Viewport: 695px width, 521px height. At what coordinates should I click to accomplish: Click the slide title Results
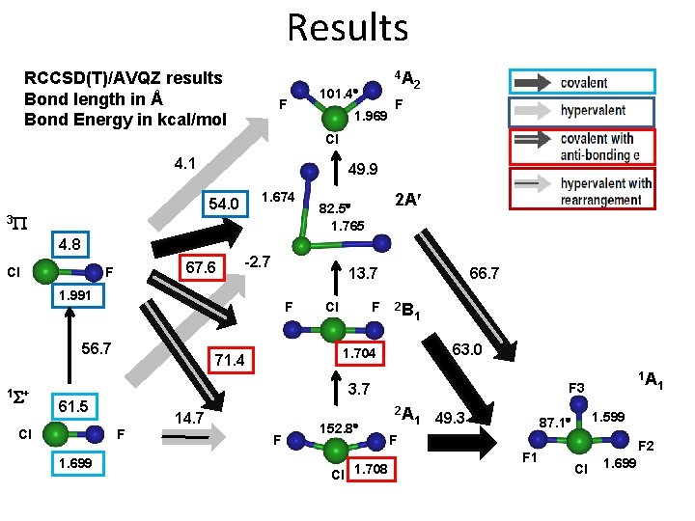click(x=347, y=26)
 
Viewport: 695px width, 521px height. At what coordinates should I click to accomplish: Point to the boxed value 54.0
click(x=223, y=205)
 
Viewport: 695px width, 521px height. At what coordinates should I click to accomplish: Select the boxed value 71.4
click(x=229, y=361)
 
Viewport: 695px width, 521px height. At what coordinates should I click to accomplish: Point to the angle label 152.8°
click(x=339, y=427)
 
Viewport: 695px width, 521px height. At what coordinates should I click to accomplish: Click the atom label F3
click(x=575, y=388)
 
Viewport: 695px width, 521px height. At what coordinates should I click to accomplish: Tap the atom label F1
click(x=530, y=455)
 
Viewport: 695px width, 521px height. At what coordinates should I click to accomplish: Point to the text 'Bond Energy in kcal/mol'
click(x=125, y=120)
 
